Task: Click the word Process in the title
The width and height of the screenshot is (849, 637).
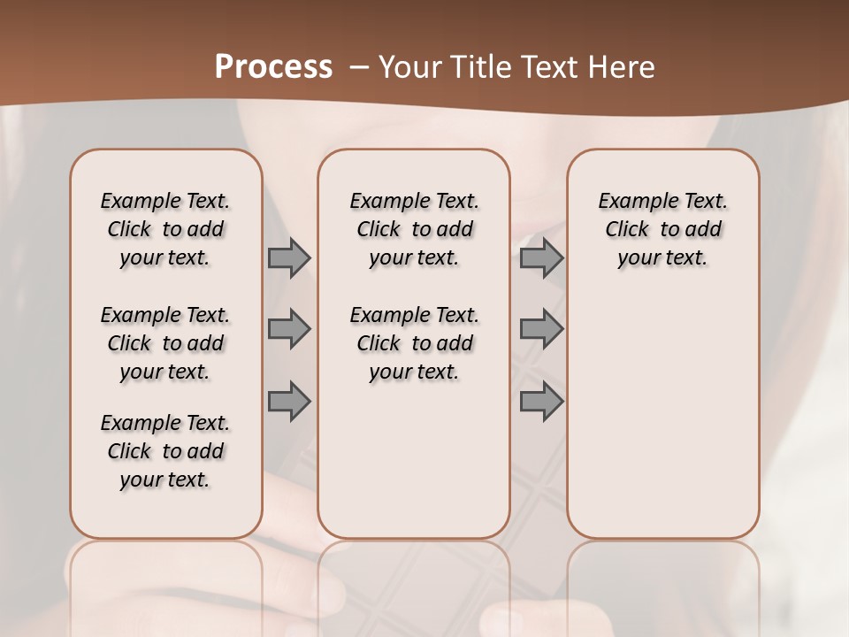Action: (x=273, y=67)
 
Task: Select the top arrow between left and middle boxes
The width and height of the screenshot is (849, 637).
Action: (x=289, y=258)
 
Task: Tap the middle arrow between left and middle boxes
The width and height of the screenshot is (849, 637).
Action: (x=289, y=329)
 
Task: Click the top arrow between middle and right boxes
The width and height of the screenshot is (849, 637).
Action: (x=541, y=258)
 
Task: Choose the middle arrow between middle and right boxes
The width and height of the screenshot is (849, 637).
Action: (x=541, y=329)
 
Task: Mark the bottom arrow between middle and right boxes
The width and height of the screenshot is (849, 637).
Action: (x=541, y=401)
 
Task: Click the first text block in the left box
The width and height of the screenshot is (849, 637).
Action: (x=165, y=229)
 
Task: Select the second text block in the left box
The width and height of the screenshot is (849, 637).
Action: (x=165, y=343)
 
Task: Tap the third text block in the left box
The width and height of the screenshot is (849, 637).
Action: (x=165, y=451)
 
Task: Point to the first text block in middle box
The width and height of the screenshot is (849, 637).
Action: (x=414, y=229)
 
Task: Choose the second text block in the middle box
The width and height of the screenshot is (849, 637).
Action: (x=414, y=343)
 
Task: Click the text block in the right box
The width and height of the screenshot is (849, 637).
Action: (x=662, y=229)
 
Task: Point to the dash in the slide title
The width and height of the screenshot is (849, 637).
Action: (x=358, y=67)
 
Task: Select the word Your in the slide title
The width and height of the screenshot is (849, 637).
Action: (x=410, y=67)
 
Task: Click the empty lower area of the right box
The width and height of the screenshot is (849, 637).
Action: (x=662, y=425)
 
